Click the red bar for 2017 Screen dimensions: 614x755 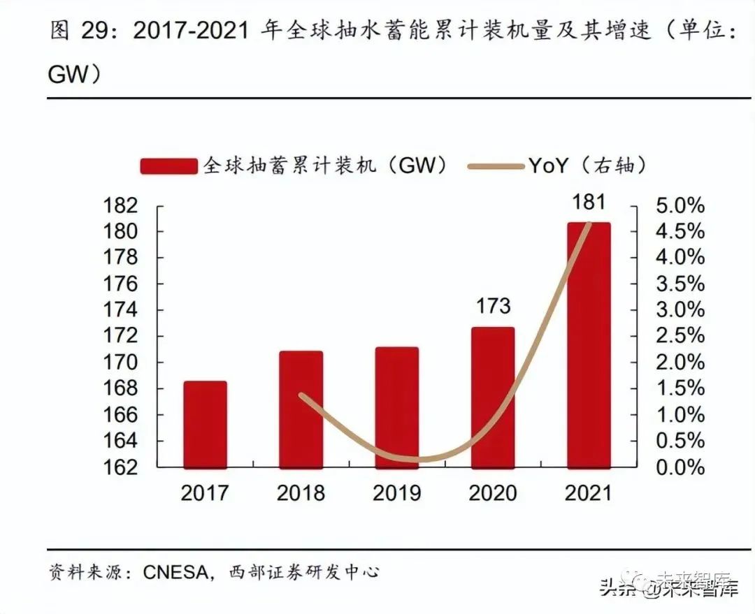pyautogui.click(x=205, y=424)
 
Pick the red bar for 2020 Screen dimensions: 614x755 pyautogui.click(x=492, y=397)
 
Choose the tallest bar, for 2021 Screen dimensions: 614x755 pyautogui.click(x=588, y=345)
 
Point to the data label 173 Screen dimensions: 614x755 pyautogui.click(x=492, y=306)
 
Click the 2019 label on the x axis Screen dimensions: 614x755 pyautogui.click(x=396, y=493)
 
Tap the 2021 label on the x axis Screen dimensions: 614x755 pyautogui.click(x=588, y=493)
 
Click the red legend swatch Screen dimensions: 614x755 pyautogui.click(x=168, y=166)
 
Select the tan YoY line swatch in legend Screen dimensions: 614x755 pyautogui.click(x=495, y=166)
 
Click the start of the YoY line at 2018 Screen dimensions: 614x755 pyautogui.click(x=301, y=395)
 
